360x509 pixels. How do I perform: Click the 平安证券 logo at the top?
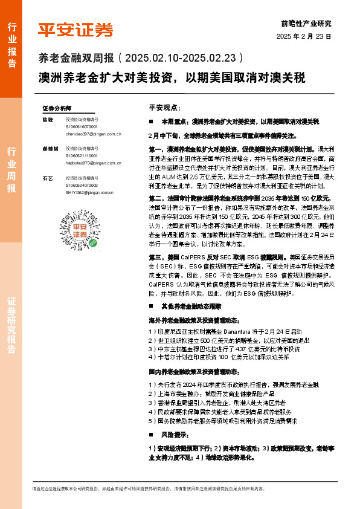pyautogui.click(x=76, y=29)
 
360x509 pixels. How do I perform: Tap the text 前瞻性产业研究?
pyautogui.click(x=306, y=24)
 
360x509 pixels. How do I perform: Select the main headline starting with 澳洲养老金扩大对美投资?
pyautogui.click(x=172, y=78)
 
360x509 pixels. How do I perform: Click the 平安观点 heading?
pyautogui.click(x=164, y=107)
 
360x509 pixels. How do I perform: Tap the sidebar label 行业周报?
pyautogui.click(x=11, y=169)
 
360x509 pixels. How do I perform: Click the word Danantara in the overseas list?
pyautogui.click(x=246, y=332)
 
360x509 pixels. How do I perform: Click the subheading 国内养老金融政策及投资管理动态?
pyautogui.click(x=191, y=371)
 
